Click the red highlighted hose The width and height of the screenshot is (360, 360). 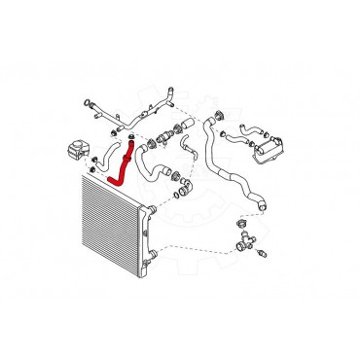(x=119, y=165)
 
